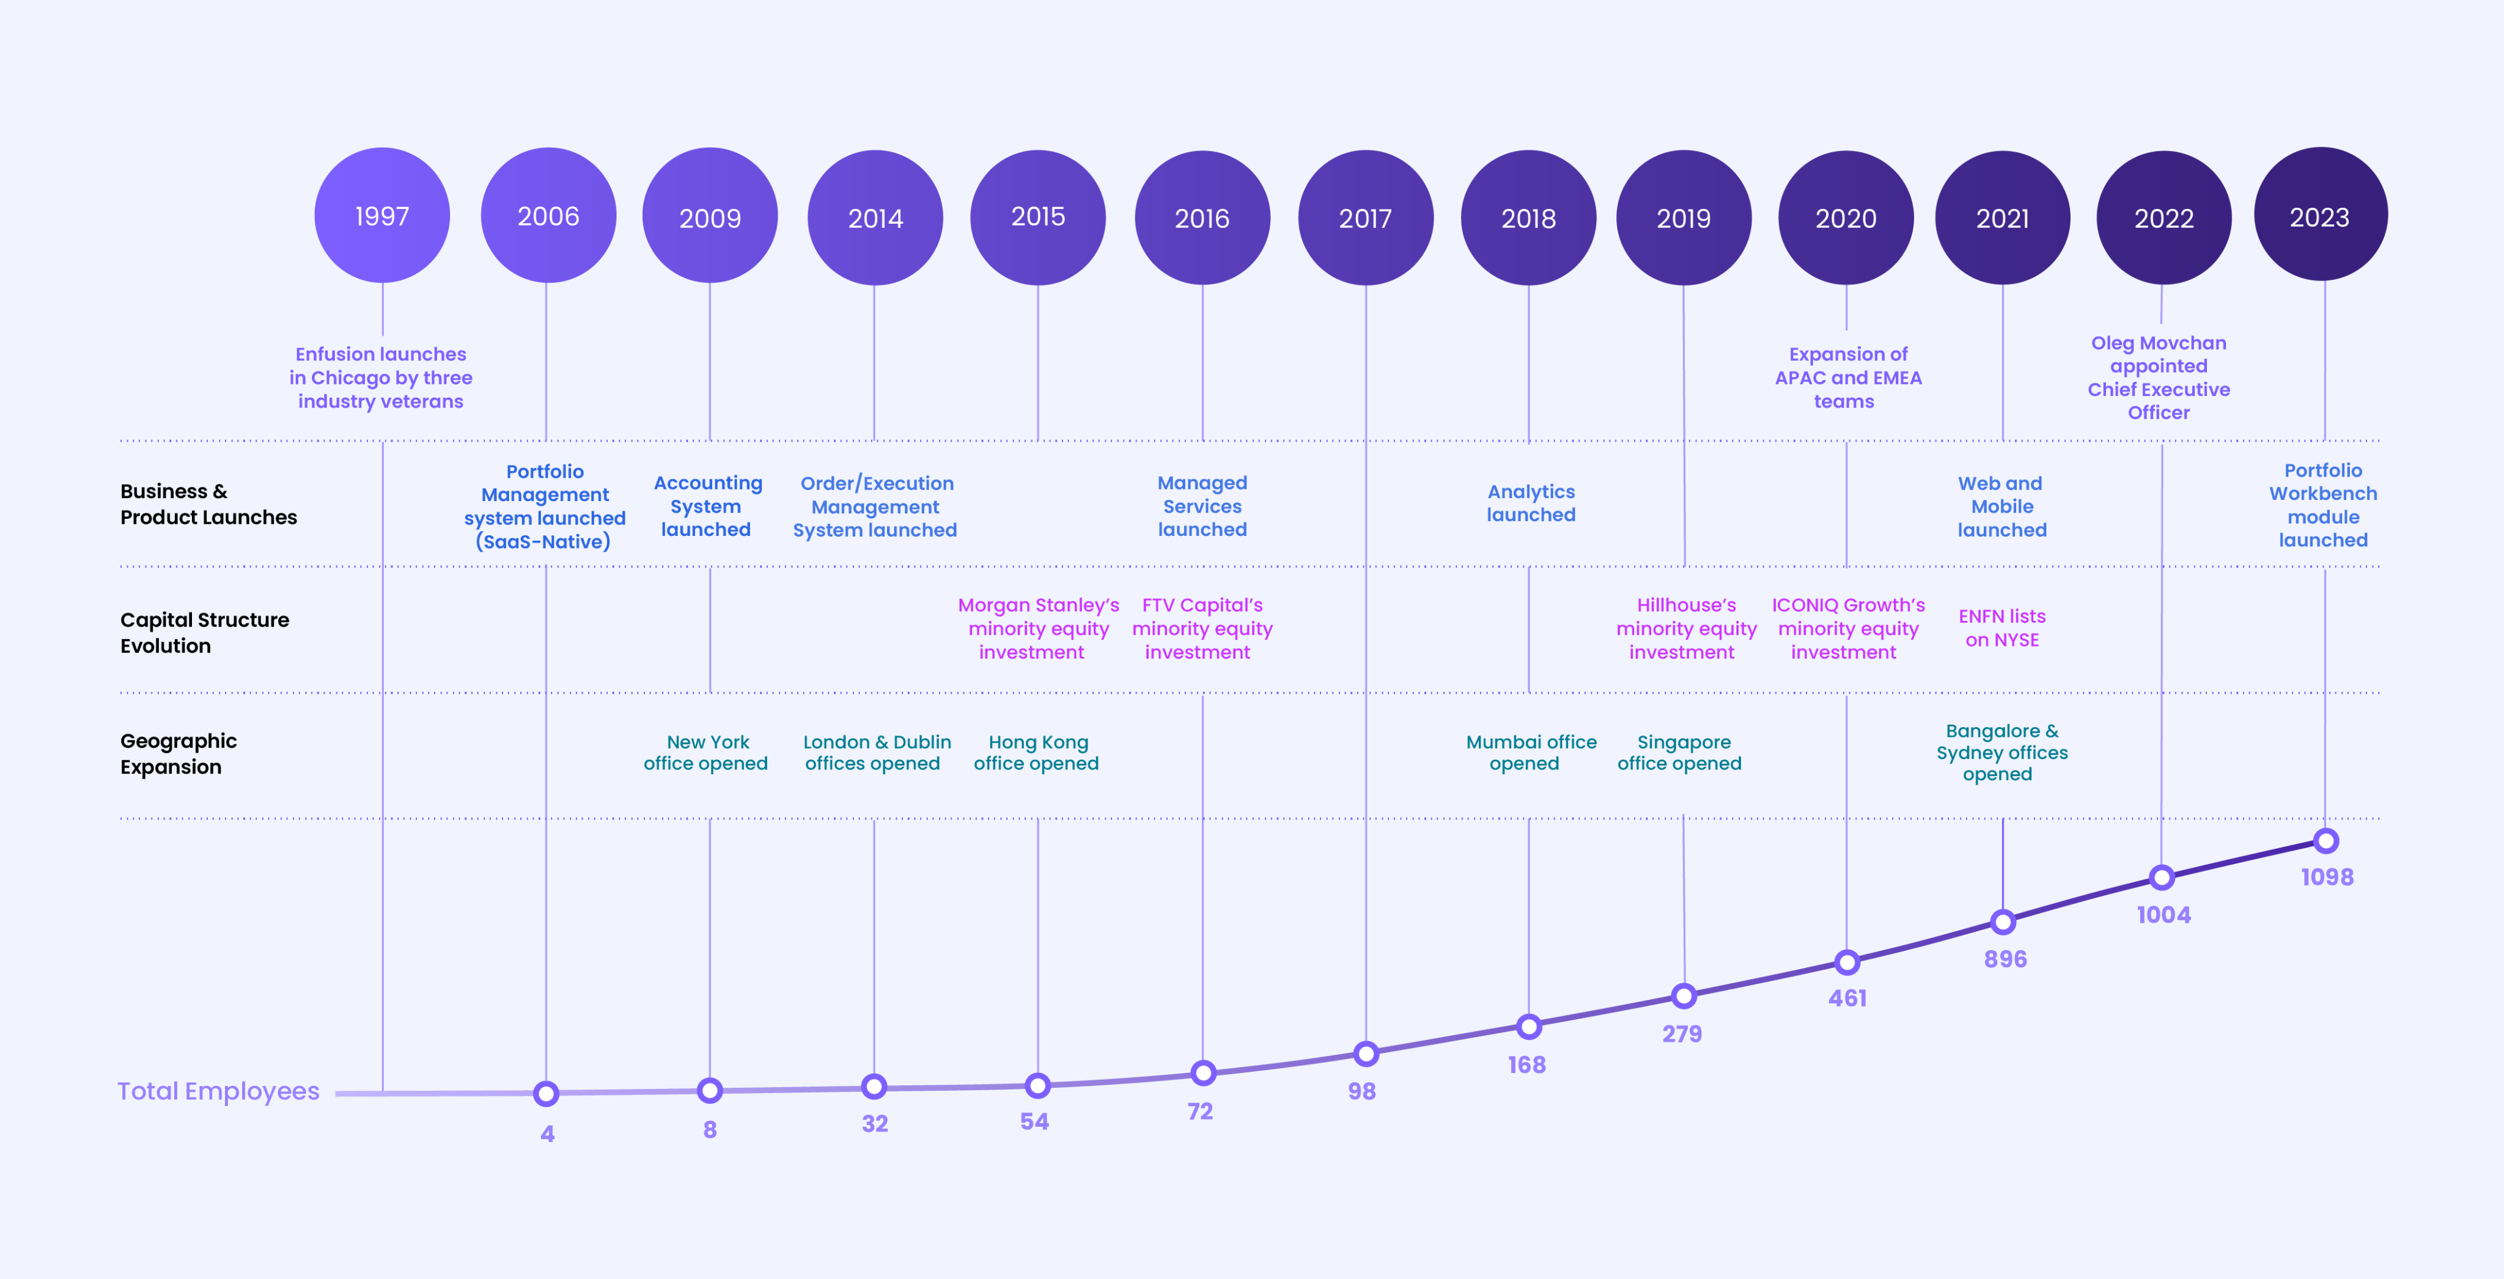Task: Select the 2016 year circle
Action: point(1202,218)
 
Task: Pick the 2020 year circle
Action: point(1846,218)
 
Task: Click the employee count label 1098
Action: point(2327,877)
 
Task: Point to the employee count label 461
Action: point(1847,998)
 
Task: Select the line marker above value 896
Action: point(2003,922)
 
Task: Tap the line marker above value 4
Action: point(547,1093)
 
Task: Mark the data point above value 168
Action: point(1529,1026)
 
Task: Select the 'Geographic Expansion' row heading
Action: point(179,753)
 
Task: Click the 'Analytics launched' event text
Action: point(1531,504)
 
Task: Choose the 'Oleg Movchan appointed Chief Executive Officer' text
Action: point(2159,377)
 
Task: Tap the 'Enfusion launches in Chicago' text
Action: point(381,365)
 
